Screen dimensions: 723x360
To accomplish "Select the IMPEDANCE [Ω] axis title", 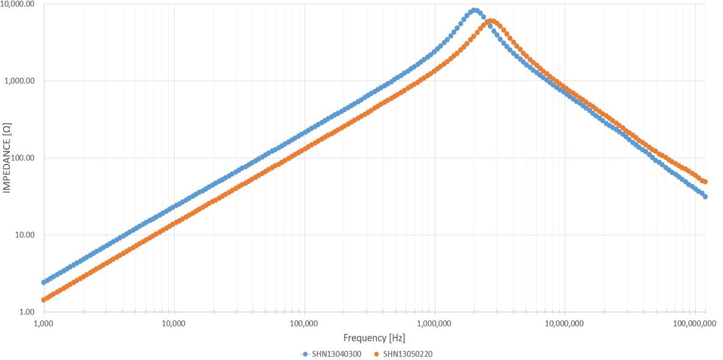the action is (6, 158).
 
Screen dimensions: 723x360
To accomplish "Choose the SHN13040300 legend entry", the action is (329, 354).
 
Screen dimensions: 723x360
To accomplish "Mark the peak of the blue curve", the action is (474, 10).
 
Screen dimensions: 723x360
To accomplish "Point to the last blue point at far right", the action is (705, 196).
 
